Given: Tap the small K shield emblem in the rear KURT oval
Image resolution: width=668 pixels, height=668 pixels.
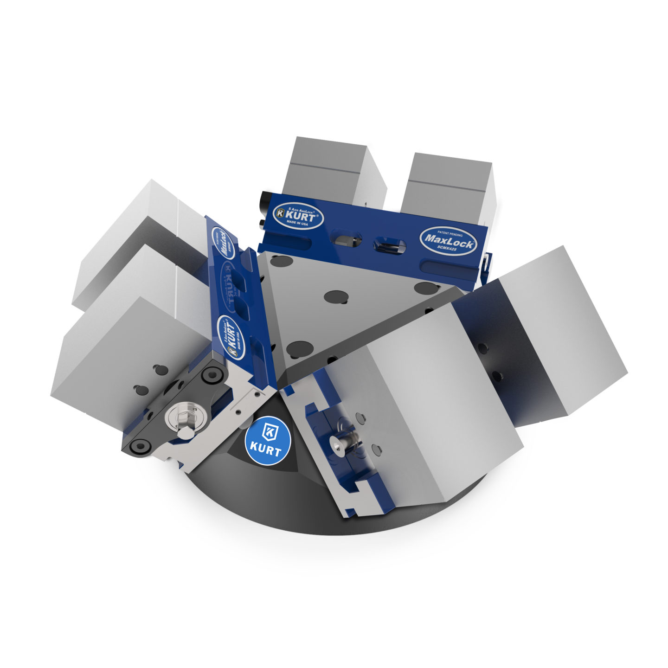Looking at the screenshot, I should click(x=280, y=213).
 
